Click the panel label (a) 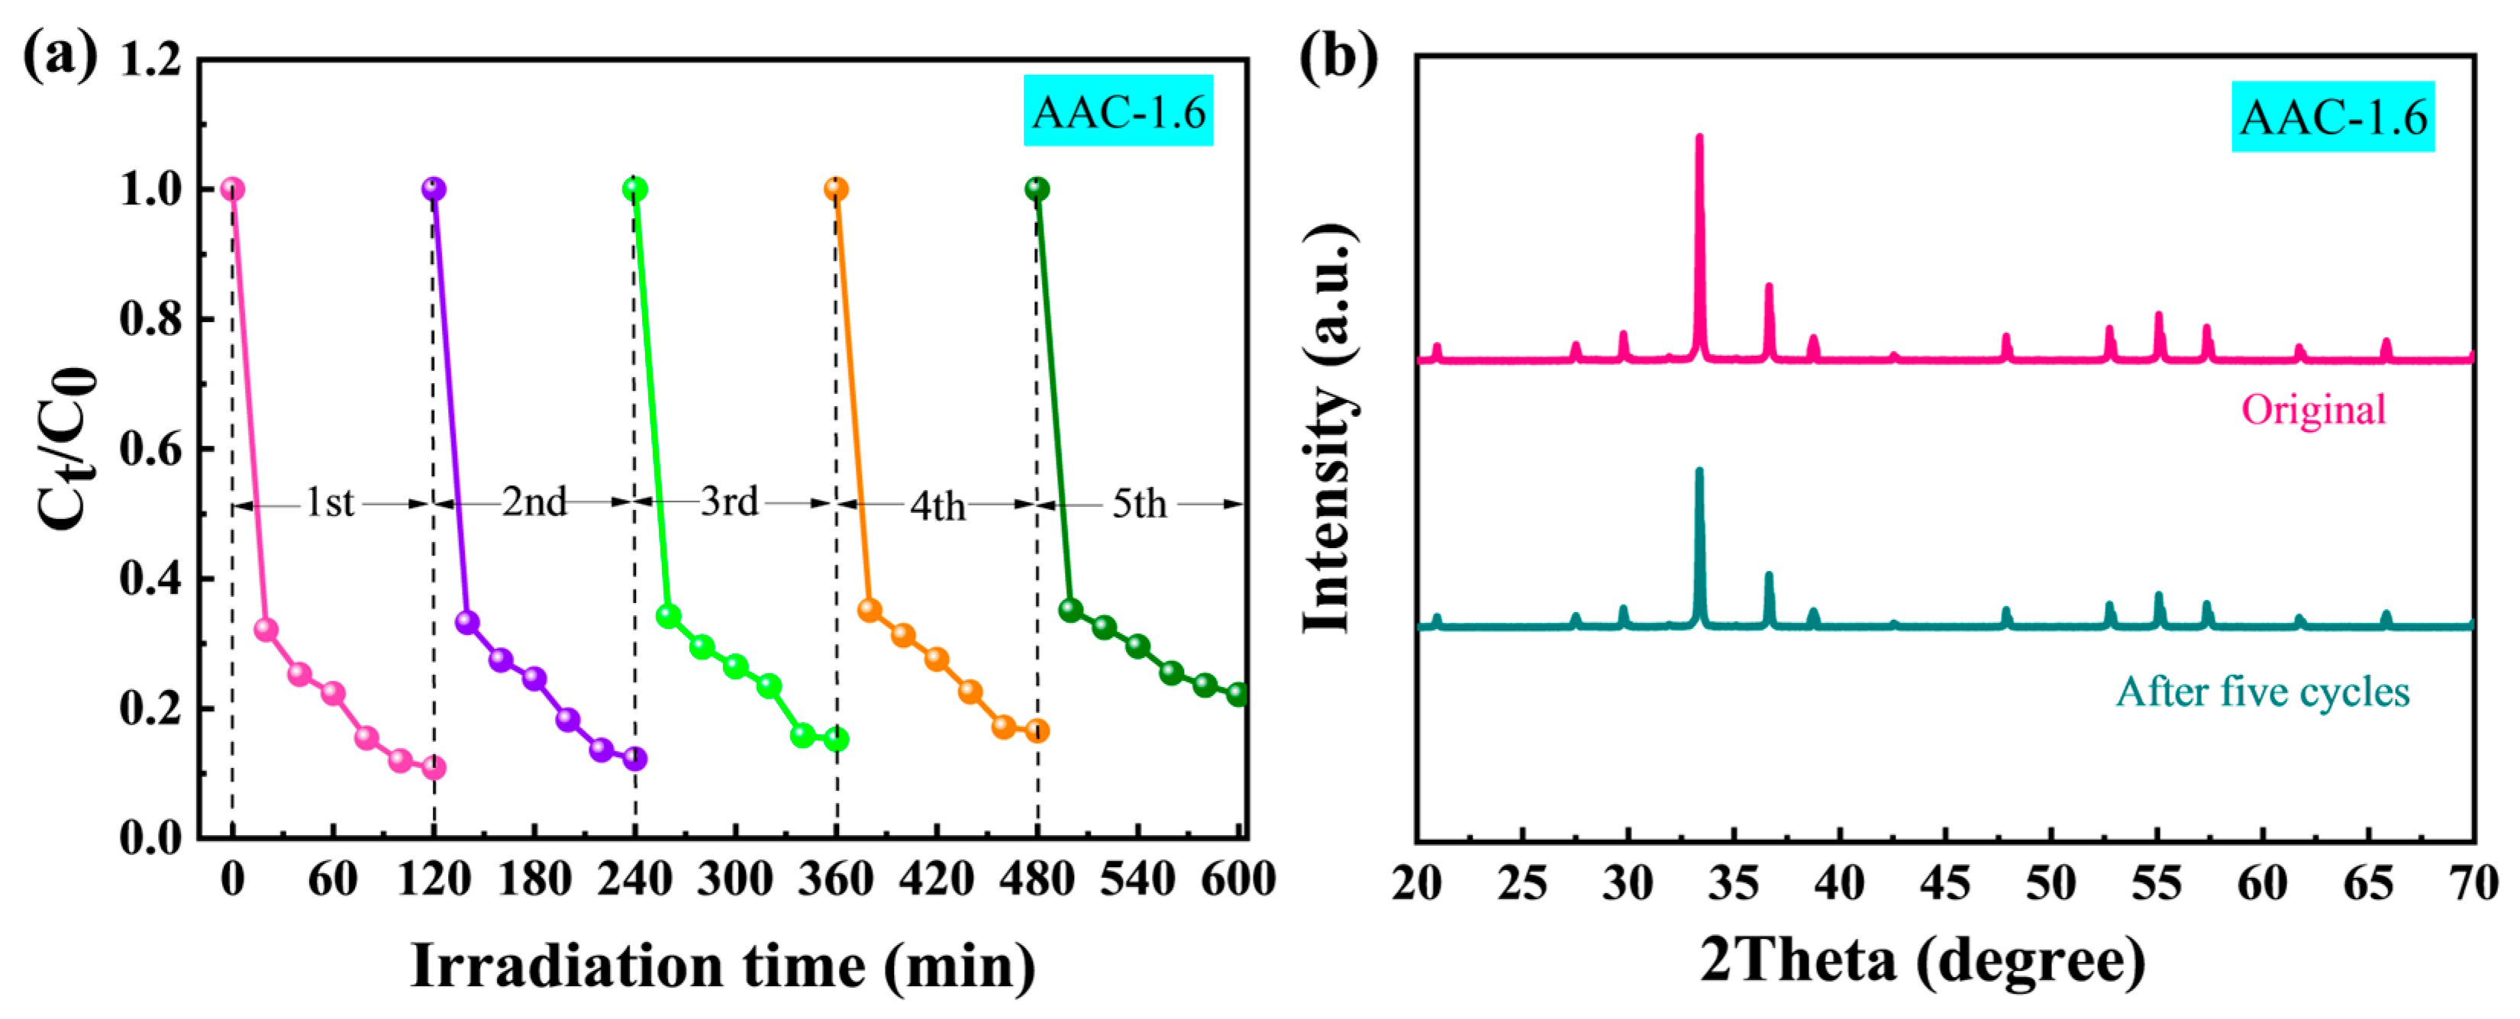click(60, 56)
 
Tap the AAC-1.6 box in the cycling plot click(1118, 111)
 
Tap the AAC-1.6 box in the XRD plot click(2332, 118)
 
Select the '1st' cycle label click(330, 503)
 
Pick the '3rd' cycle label click(729, 501)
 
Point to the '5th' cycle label click(1140, 505)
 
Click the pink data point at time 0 click(232, 189)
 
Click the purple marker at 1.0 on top click(434, 189)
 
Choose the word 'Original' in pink click(2314, 410)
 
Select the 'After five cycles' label click(2263, 692)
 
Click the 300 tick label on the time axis click(734, 879)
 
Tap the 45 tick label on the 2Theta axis click(1945, 884)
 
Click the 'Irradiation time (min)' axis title click(723, 966)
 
